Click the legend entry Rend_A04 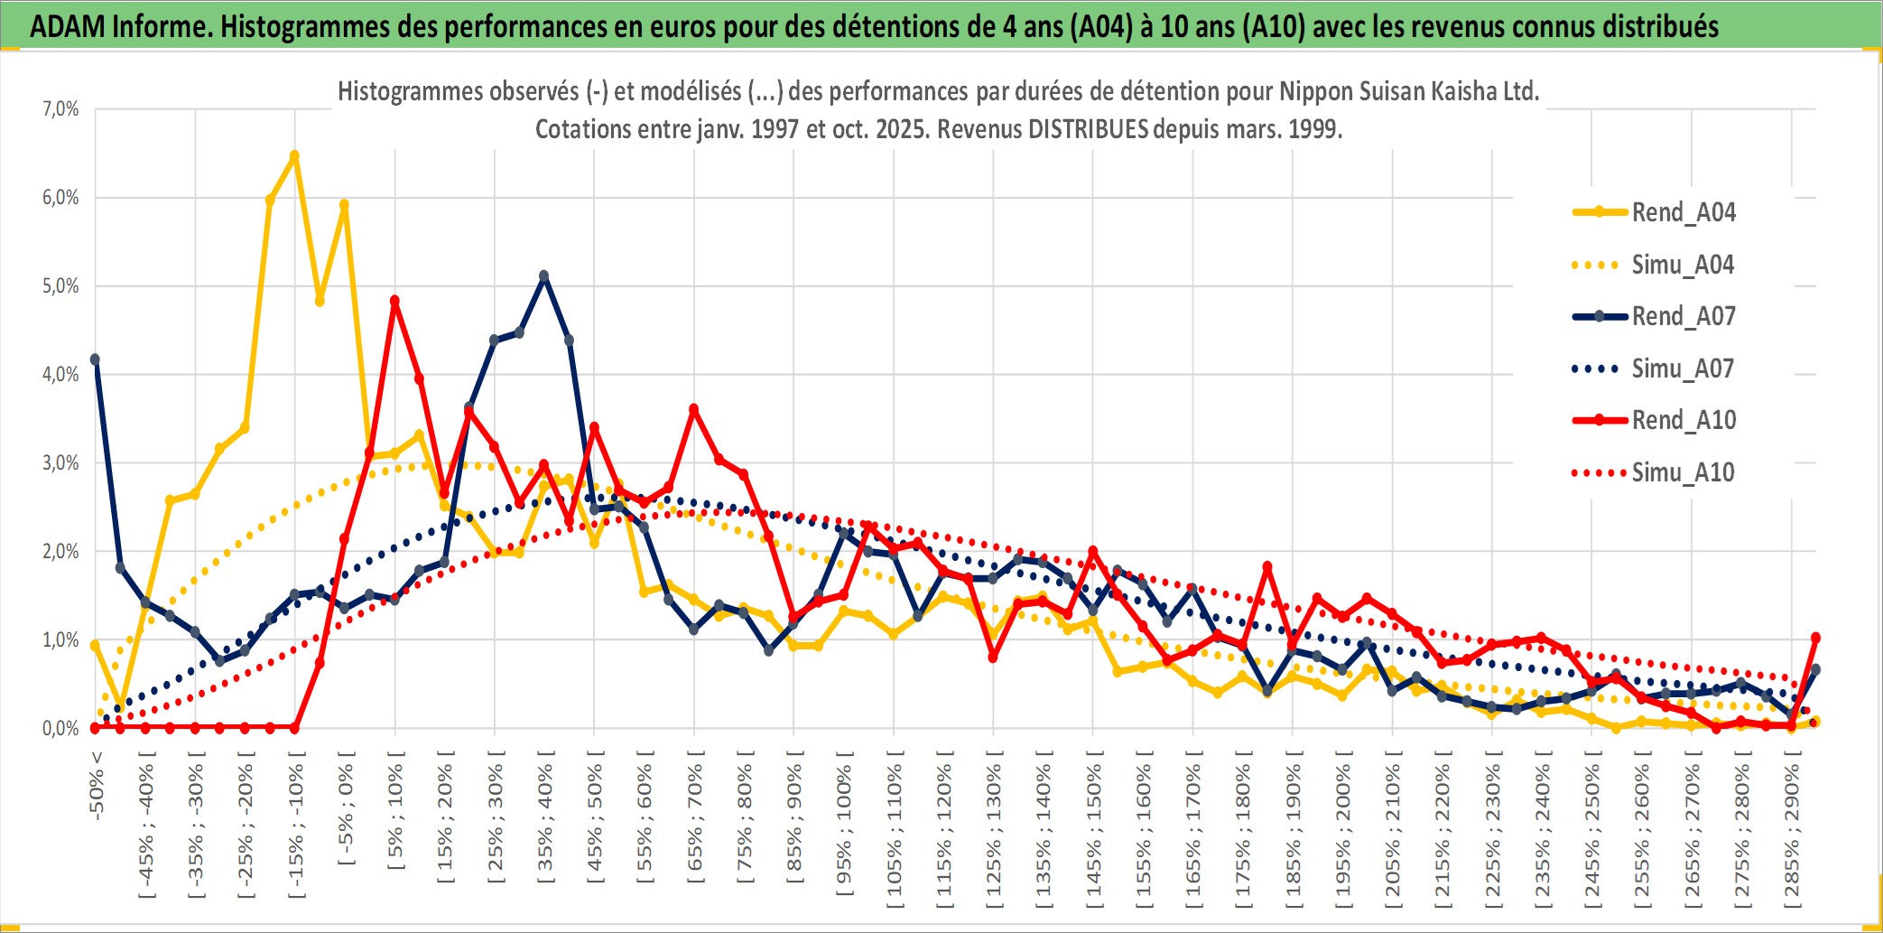pos(1683,212)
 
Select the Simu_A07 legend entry pos(1683,369)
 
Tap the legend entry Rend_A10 pos(1683,420)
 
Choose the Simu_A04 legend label pos(1683,265)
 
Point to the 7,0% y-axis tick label pos(60,109)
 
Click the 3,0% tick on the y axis pos(60,463)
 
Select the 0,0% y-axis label pos(60,729)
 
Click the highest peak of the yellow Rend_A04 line pos(294,155)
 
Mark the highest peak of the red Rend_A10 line pos(394,301)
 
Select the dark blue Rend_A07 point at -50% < pos(95,359)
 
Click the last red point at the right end pos(1815,638)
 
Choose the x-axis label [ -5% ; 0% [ pos(345,807)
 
